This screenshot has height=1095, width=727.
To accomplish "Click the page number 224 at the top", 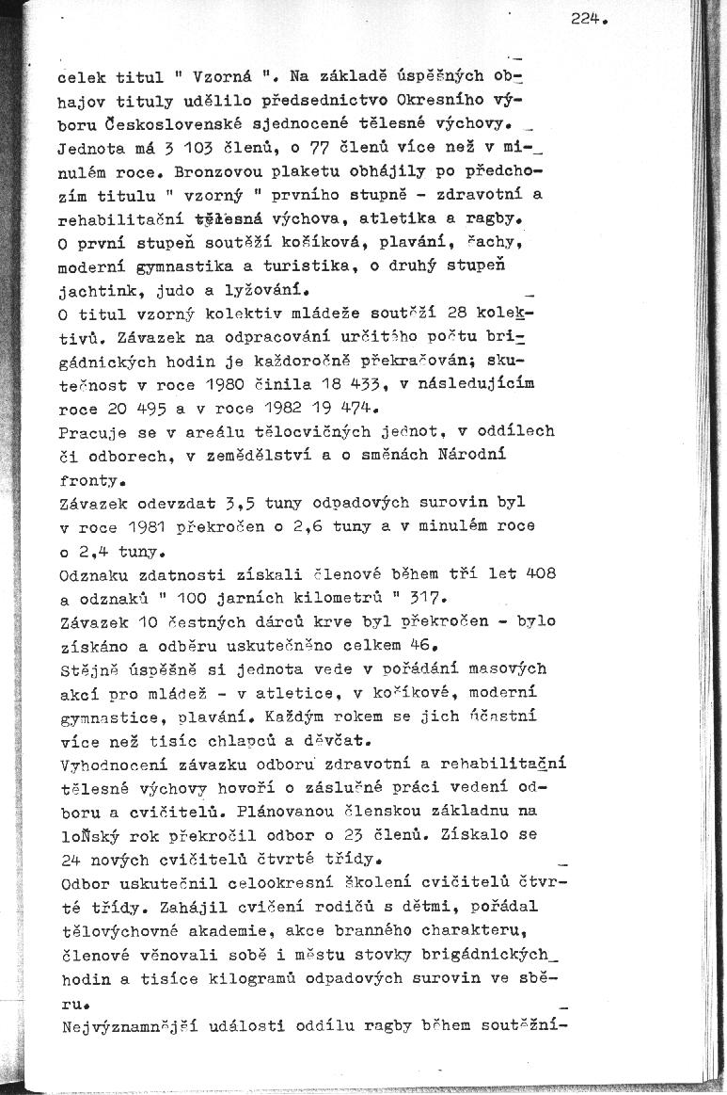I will pyautogui.click(x=584, y=17).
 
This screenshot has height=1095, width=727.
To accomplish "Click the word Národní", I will pyautogui.click(x=476, y=455).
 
